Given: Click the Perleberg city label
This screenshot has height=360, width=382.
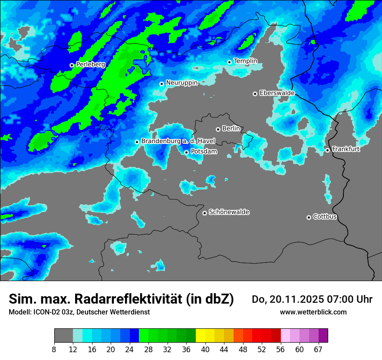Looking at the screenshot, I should point(91,64).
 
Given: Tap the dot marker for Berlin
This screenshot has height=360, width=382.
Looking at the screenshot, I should point(218,129).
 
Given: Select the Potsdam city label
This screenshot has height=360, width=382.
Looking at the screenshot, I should point(204,152).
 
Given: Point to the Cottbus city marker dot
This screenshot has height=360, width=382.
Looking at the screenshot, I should point(309,217).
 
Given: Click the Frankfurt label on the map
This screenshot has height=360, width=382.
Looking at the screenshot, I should point(346,149).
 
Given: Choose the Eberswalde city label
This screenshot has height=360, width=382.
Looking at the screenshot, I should point(277,93).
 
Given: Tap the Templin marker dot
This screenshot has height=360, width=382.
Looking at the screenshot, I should point(229,62).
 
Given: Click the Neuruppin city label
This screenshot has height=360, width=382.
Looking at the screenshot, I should point(181,82).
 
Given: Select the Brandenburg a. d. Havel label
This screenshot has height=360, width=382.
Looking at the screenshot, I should point(178,141).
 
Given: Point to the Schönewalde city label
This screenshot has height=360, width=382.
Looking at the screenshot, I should point(229,212).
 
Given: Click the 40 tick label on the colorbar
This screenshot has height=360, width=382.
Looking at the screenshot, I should point(205,350).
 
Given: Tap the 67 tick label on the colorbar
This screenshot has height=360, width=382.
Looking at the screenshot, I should point(318,350).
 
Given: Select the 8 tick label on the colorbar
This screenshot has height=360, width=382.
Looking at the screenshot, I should point(54,350).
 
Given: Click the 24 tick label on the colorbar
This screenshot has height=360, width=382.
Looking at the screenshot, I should point(130,350).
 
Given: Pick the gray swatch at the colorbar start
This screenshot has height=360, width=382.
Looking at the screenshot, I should point(63,335).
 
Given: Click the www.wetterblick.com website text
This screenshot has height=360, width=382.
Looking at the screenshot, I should point(313,312).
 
